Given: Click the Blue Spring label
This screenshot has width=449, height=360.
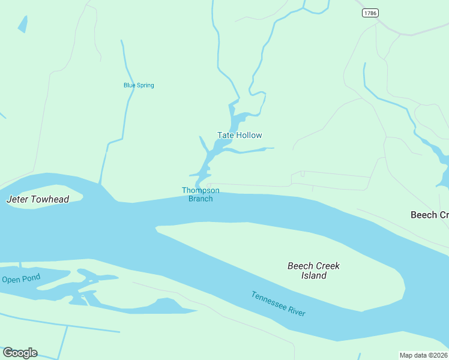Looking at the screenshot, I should (x=139, y=85).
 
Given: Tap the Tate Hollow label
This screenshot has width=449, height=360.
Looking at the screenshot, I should (x=240, y=135).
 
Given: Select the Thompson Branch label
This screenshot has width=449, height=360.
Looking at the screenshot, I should (x=200, y=194).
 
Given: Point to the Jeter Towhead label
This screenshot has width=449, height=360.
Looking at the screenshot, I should (x=37, y=199).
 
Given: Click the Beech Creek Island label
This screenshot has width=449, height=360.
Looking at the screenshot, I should (x=313, y=271).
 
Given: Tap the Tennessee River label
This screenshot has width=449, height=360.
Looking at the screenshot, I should (x=279, y=304).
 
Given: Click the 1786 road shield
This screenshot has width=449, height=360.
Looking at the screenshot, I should (x=370, y=13).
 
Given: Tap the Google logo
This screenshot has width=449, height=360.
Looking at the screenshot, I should (x=20, y=353).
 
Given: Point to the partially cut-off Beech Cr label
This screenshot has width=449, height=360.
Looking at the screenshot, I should (x=429, y=215).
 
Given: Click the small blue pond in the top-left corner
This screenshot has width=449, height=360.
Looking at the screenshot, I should (x=23, y=24).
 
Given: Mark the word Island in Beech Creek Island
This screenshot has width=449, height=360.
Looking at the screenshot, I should (x=314, y=276).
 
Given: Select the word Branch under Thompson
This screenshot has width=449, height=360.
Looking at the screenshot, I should (x=200, y=199).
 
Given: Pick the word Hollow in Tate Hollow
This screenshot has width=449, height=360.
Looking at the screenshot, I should (x=249, y=135).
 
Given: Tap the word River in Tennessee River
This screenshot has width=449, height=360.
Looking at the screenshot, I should (x=297, y=311).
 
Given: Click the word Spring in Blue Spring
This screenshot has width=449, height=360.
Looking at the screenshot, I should (x=145, y=85).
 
